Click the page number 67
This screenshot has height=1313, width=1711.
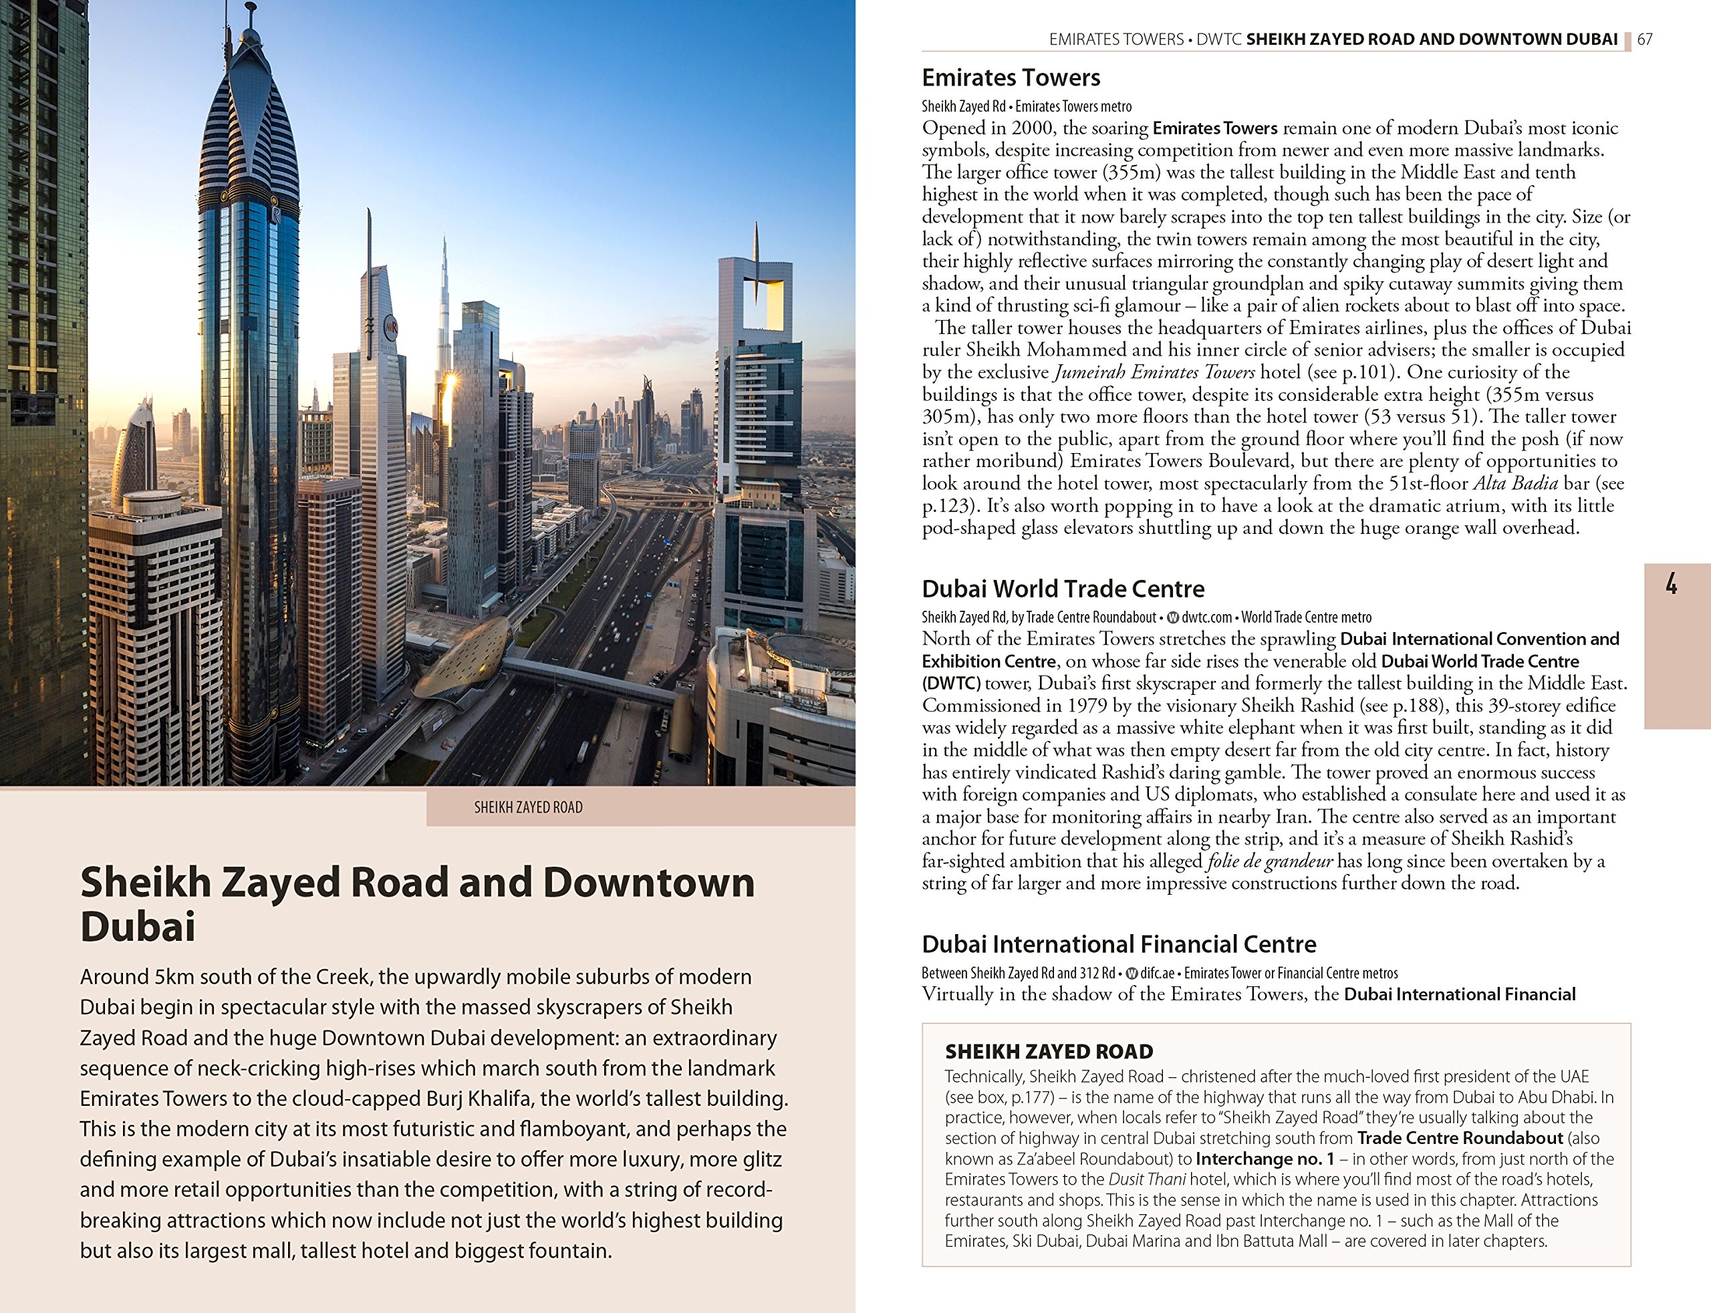pos(1645,39)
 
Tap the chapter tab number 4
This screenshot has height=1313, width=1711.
pos(1671,584)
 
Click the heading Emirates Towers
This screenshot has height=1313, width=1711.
pos(1011,78)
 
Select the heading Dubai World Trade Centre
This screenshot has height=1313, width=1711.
pos(1063,589)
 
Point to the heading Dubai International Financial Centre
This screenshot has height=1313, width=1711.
pos(1119,944)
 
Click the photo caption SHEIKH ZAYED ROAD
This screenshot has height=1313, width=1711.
pos(529,807)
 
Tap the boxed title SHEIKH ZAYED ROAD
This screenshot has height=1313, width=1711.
pos(1049,1051)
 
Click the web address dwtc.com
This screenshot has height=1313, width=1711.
pos(1207,617)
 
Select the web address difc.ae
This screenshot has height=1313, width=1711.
pos(1157,973)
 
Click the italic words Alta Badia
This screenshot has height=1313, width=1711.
pos(1515,483)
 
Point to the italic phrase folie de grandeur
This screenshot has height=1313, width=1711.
pos(1270,861)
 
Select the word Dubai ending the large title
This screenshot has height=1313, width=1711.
pos(138,927)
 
